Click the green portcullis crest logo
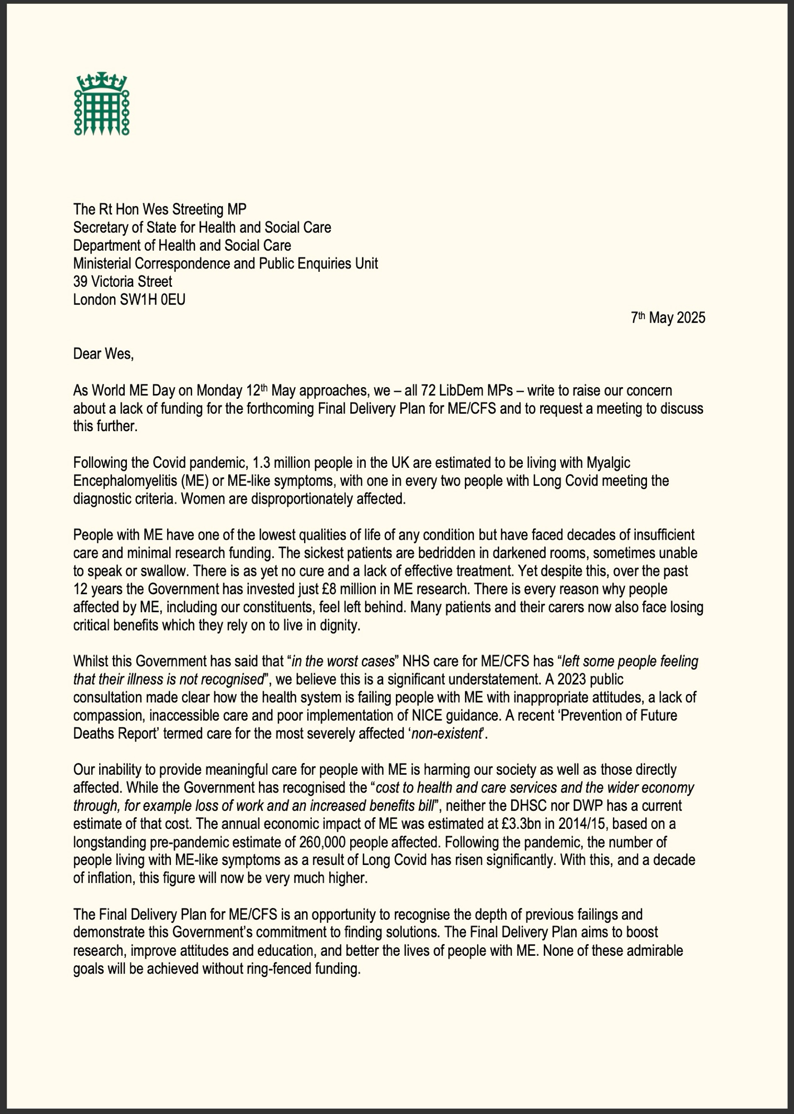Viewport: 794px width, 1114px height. click(102, 104)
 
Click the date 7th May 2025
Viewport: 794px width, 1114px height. click(668, 318)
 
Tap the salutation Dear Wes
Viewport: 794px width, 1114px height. click(104, 354)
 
